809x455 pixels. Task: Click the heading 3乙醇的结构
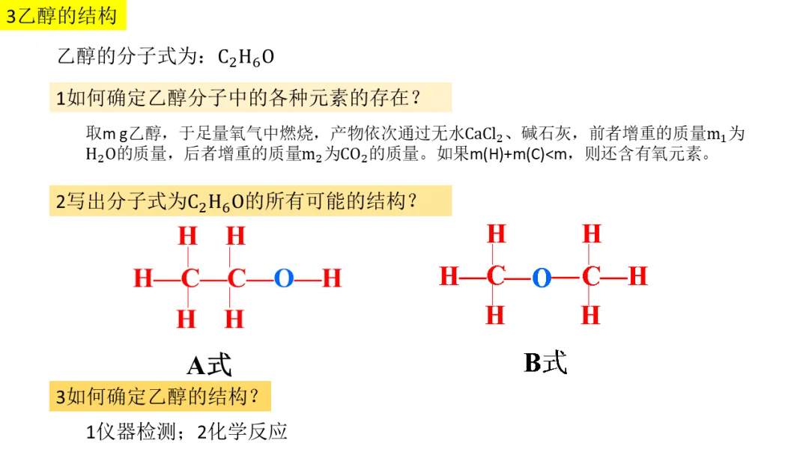point(62,16)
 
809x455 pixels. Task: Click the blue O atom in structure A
point(284,279)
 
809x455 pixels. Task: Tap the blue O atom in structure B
point(542,278)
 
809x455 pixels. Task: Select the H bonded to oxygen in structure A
point(332,279)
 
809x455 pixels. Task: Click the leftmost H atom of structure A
point(142,279)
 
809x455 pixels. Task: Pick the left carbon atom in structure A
point(190,279)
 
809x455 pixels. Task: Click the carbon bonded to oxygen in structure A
point(236,279)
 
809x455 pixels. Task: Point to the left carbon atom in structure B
point(495,277)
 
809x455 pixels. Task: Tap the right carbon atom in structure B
point(591,277)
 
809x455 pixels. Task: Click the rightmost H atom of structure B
point(637,277)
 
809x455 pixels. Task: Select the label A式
point(209,365)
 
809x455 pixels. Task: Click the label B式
point(545,363)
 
